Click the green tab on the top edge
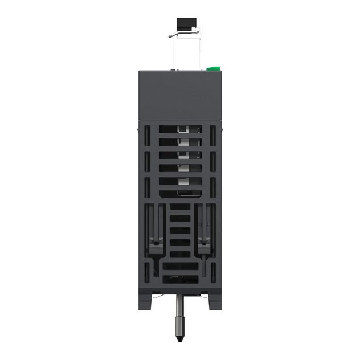[x=213, y=68]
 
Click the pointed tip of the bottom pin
[x=179, y=338]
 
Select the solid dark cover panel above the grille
[x=180, y=95]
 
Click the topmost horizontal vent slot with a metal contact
[x=180, y=129]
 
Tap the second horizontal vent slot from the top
[x=180, y=142]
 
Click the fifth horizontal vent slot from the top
[x=180, y=181]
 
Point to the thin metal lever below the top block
[x=183, y=34]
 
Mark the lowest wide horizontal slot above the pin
[x=180, y=280]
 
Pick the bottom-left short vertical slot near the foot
[x=147, y=272]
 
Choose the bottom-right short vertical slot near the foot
[x=213, y=272]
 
